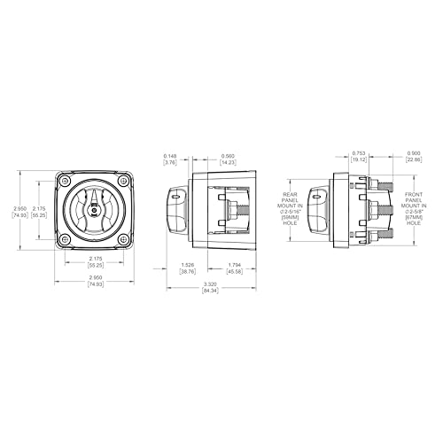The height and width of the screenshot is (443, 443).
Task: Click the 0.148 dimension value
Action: point(169,154)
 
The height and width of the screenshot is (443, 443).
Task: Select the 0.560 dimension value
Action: point(229,154)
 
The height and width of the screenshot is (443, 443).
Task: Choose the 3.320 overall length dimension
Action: point(211,284)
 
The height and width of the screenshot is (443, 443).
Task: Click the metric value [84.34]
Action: point(211,291)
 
